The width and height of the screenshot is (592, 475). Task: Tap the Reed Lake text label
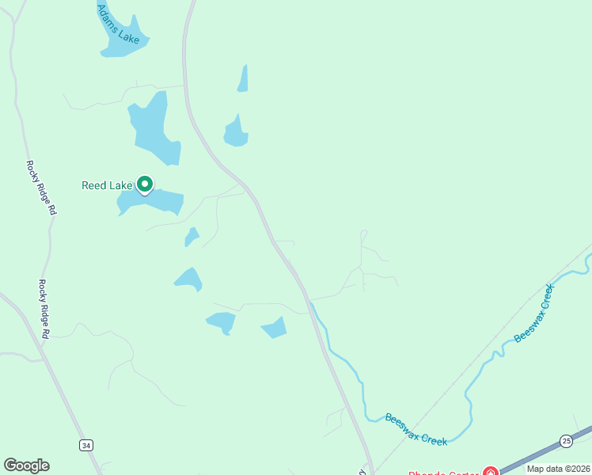click(107, 185)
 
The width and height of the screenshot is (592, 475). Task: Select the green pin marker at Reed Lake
click(145, 184)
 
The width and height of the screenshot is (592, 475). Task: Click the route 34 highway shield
click(85, 446)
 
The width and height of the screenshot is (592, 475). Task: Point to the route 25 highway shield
click(566, 440)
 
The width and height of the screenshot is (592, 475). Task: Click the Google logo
click(26, 465)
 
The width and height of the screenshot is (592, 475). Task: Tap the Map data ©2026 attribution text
click(559, 469)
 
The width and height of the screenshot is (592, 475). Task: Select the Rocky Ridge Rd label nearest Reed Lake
click(40, 188)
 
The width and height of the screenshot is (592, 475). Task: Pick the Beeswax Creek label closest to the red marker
click(416, 428)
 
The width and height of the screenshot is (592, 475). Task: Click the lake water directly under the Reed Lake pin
click(150, 201)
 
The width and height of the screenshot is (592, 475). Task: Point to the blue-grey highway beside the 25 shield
click(538, 452)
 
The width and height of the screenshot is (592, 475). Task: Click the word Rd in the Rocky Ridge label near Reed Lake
click(52, 210)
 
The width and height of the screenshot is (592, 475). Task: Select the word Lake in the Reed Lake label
click(122, 185)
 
